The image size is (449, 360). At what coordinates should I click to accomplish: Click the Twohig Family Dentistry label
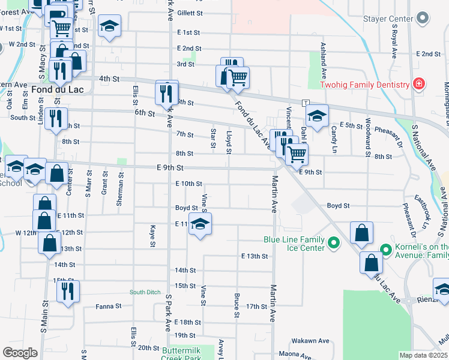pyautogui.click(x=364, y=85)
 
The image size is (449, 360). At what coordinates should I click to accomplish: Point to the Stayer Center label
pyautogui.click(x=388, y=19)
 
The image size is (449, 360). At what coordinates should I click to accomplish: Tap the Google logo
pyautogui.click(x=19, y=353)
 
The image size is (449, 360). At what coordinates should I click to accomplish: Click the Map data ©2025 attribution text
pyautogui.click(x=423, y=355)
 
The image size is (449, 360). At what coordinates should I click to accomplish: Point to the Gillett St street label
pyautogui.click(x=190, y=13)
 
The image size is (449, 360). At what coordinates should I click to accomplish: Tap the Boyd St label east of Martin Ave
pyautogui.click(x=339, y=206)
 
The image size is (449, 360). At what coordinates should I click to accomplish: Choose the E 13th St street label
pyautogui.click(x=254, y=256)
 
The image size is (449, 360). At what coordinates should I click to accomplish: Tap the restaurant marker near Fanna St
pyautogui.click(x=68, y=291)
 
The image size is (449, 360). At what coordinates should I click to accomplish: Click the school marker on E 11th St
pyautogui.click(x=200, y=224)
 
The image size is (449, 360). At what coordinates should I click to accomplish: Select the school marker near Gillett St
pyautogui.click(x=110, y=26)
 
